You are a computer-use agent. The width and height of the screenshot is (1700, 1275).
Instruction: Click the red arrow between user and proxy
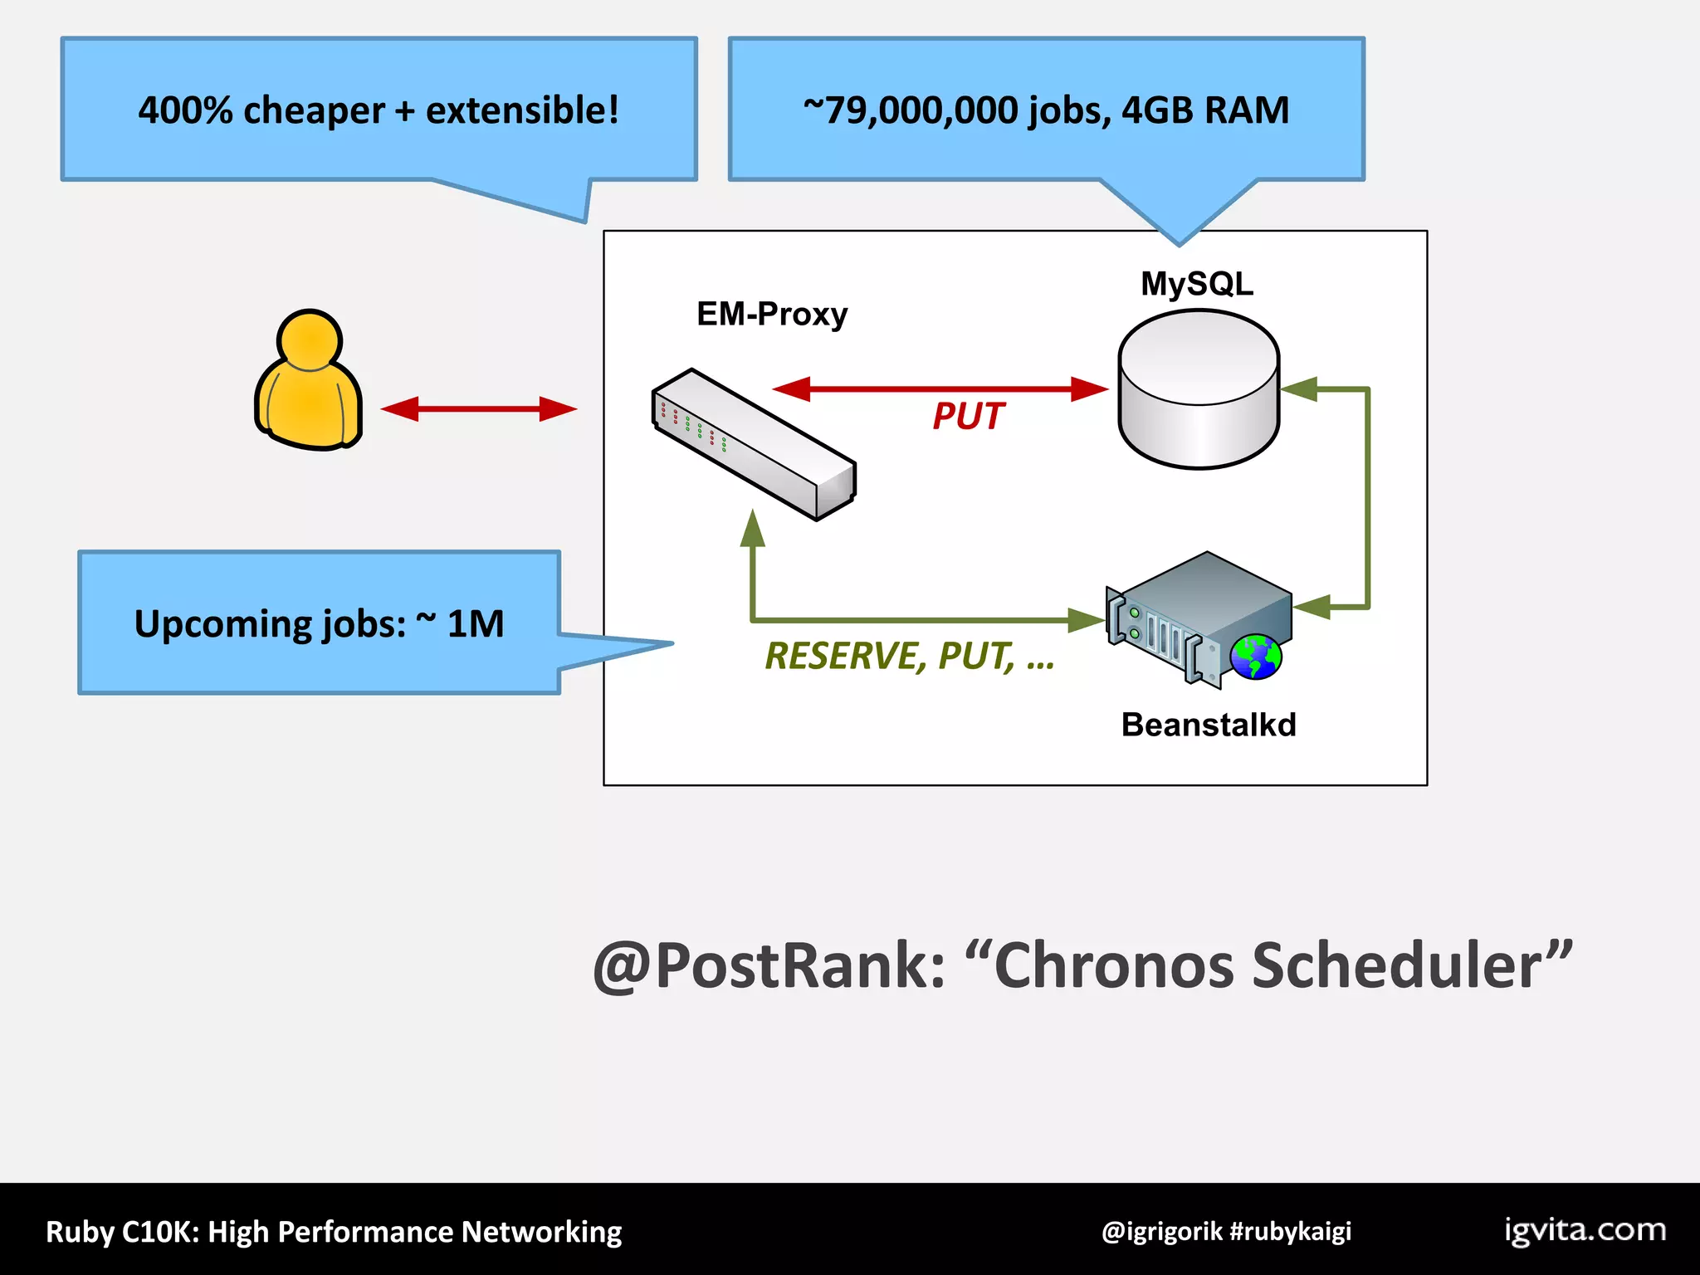[478, 408]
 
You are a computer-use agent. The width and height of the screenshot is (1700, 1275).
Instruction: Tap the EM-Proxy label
[772, 315]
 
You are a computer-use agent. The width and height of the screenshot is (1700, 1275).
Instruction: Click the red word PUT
[968, 416]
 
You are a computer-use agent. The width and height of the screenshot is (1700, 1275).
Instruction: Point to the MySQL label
[1196, 284]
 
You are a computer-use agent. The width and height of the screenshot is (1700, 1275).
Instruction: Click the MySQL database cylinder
[1198, 390]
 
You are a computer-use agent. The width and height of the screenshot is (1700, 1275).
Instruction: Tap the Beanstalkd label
[1208, 725]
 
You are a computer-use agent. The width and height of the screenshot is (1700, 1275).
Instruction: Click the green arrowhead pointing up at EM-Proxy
[752, 529]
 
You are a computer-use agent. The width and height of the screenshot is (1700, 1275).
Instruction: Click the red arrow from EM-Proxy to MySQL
[940, 388]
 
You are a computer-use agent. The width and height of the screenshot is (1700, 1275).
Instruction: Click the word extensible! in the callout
[522, 110]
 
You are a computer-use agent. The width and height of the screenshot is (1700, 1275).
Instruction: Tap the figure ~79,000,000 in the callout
[911, 110]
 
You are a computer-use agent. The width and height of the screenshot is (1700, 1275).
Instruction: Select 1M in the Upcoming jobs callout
[475, 623]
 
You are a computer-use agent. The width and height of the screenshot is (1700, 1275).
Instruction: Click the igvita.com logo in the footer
[1585, 1229]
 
